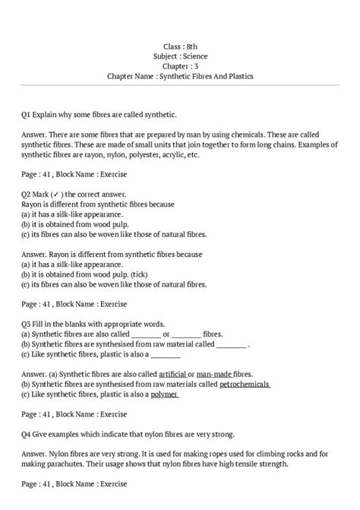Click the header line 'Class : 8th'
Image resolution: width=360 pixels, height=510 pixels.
[x=179, y=46]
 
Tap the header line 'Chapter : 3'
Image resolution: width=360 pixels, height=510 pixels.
[x=179, y=66]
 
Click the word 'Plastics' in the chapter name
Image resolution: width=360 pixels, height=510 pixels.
[x=234, y=77]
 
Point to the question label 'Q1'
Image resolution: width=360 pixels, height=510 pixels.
[x=27, y=114]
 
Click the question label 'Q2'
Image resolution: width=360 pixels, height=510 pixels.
[x=27, y=194]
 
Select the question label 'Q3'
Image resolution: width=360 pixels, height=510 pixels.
[x=27, y=323]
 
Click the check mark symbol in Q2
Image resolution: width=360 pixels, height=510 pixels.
[x=57, y=194]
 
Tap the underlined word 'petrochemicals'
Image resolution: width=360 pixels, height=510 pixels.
[x=245, y=385]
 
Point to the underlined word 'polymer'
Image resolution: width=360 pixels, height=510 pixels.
[x=164, y=395]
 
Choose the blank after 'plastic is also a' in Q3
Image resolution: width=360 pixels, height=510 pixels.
[x=166, y=353]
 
